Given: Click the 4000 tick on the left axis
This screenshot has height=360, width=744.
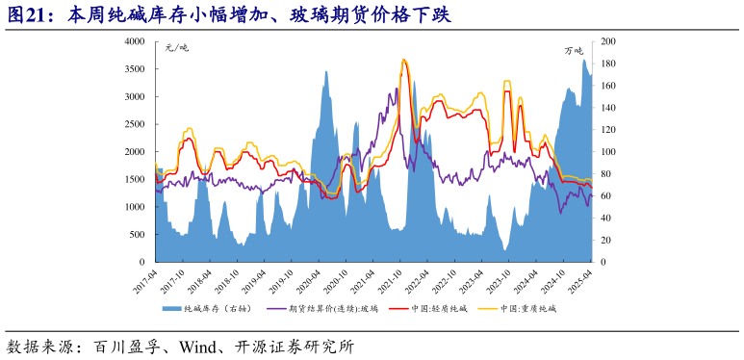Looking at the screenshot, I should (135, 42).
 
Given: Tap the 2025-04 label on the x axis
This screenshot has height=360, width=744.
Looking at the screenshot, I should (584, 280).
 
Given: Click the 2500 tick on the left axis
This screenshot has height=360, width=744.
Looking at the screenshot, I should (135, 124).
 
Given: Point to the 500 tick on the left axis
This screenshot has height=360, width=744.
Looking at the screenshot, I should (138, 235).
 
